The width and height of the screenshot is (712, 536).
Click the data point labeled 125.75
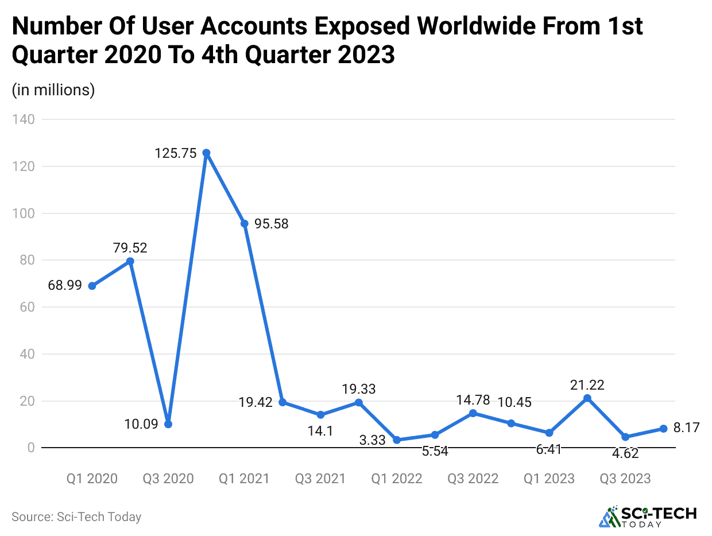pyautogui.click(x=206, y=153)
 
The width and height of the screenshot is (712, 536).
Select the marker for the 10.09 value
pyautogui.click(x=168, y=424)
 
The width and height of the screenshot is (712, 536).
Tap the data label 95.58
pyautogui.click(x=272, y=224)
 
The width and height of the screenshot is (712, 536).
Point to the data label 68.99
pyautogui.click(x=65, y=285)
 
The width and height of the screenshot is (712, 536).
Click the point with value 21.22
pyautogui.click(x=587, y=398)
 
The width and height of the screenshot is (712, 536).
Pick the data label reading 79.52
pyautogui.click(x=130, y=248)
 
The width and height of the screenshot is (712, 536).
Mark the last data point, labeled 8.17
pyautogui.click(x=663, y=429)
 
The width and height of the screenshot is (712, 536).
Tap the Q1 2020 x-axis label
pyautogui.click(x=92, y=479)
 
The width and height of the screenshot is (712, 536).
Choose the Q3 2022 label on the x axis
pyautogui.click(x=473, y=479)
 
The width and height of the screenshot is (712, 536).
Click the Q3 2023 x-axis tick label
pyautogui.click(x=625, y=479)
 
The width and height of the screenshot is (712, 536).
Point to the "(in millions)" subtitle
pyautogui.click(x=53, y=90)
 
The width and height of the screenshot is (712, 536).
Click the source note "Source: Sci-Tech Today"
pyautogui.click(x=76, y=516)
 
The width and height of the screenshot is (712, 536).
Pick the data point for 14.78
pyautogui.click(x=473, y=413)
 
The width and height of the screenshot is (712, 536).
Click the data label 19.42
pyautogui.click(x=256, y=402)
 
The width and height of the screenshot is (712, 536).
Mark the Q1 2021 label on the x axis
pyautogui.click(x=244, y=479)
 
